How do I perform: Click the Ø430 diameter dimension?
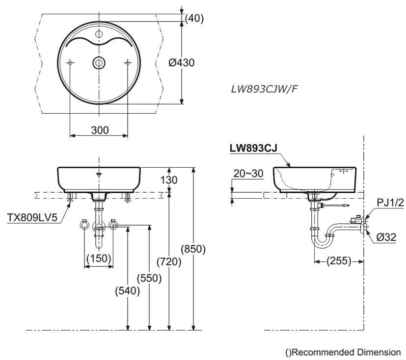pyautogui.click(x=181, y=63)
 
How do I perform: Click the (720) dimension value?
pyautogui.click(x=169, y=261)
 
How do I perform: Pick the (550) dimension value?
pyautogui.click(x=149, y=278)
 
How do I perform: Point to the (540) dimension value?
pyautogui.click(x=127, y=290)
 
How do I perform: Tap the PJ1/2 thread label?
pyautogui.click(x=390, y=203)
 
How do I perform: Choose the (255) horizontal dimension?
pyautogui.click(x=339, y=261)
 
